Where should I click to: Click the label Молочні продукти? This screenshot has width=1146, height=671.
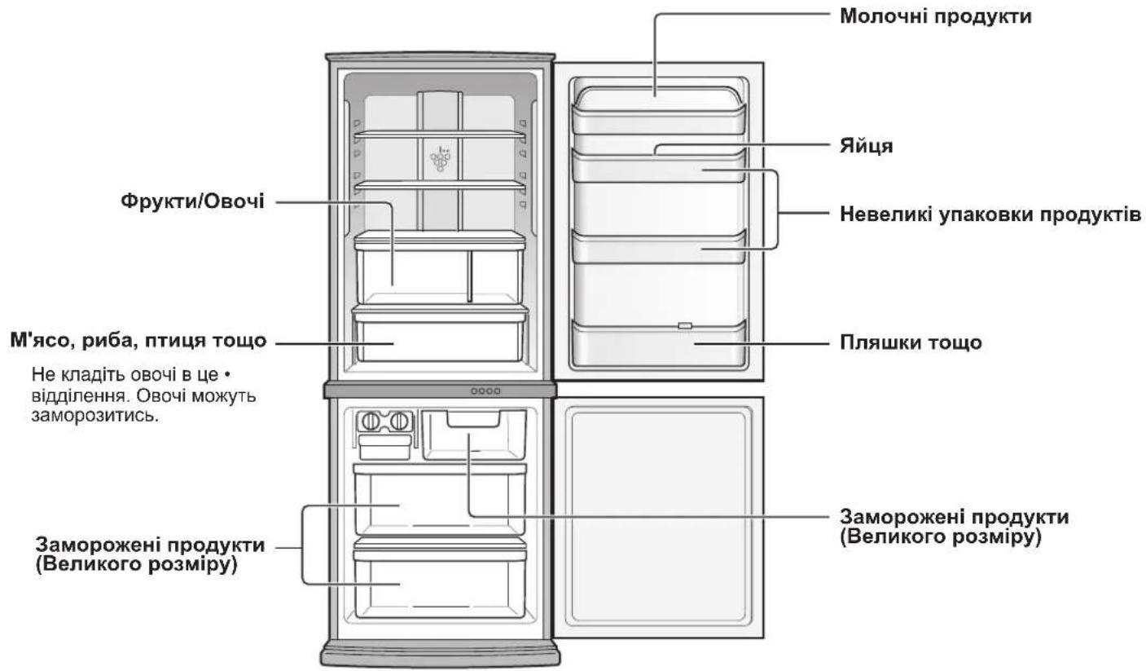pos(935,15)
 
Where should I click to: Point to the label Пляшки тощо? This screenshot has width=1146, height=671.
pos(911,343)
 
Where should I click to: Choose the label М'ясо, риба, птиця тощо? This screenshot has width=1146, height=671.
pos(138,341)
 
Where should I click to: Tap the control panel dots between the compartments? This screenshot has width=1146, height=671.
pos(485,391)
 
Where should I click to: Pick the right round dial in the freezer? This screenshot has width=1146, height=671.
pos(399,422)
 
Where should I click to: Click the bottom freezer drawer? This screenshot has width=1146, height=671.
pos(440,583)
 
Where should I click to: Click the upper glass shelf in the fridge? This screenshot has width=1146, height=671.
pos(440,133)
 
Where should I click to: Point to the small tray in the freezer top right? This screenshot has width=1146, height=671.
pos(473,420)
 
